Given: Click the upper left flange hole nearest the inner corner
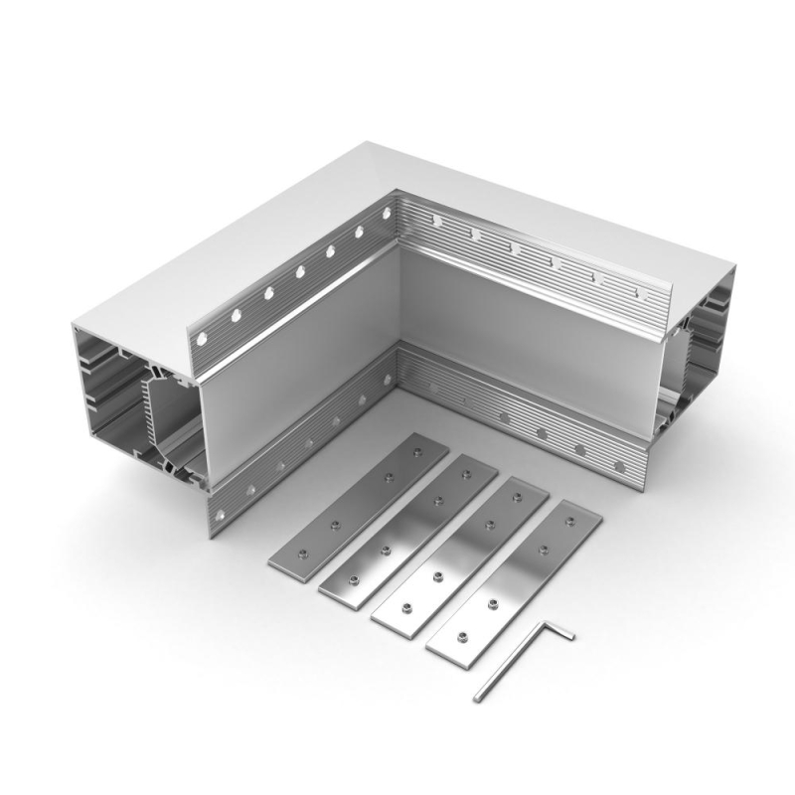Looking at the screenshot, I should [x=387, y=212].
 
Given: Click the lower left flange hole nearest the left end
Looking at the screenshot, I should [x=221, y=514].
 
